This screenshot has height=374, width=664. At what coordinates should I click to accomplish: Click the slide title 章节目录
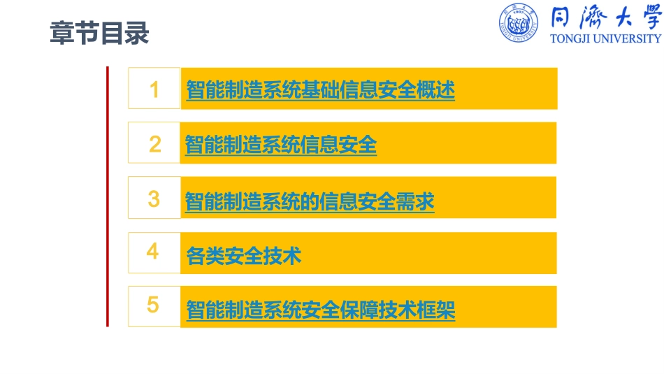(x=99, y=33)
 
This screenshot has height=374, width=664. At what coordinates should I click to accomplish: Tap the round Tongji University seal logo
(x=518, y=23)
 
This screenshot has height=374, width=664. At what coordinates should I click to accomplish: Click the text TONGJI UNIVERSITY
(x=605, y=39)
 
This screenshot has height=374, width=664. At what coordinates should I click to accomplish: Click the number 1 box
(x=154, y=89)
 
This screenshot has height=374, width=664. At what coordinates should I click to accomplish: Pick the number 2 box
(x=154, y=144)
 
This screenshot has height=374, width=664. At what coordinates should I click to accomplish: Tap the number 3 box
(x=154, y=199)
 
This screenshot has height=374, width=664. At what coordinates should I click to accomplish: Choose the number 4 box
(x=154, y=252)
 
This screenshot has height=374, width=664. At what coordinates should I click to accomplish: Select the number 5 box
(x=154, y=306)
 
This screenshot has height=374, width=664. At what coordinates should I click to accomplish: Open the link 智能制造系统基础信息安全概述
(x=320, y=90)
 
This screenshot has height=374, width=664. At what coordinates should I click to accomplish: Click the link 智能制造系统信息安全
(x=281, y=145)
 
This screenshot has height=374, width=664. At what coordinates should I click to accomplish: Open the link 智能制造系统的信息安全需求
(x=310, y=202)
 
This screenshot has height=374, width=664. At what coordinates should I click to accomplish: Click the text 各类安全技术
(x=243, y=256)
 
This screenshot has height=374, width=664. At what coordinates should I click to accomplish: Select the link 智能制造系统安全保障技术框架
(x=320, y=310)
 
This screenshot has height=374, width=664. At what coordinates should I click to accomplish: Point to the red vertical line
(x=108, y=196)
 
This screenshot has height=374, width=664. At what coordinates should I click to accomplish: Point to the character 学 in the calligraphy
(x=646, y=17)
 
